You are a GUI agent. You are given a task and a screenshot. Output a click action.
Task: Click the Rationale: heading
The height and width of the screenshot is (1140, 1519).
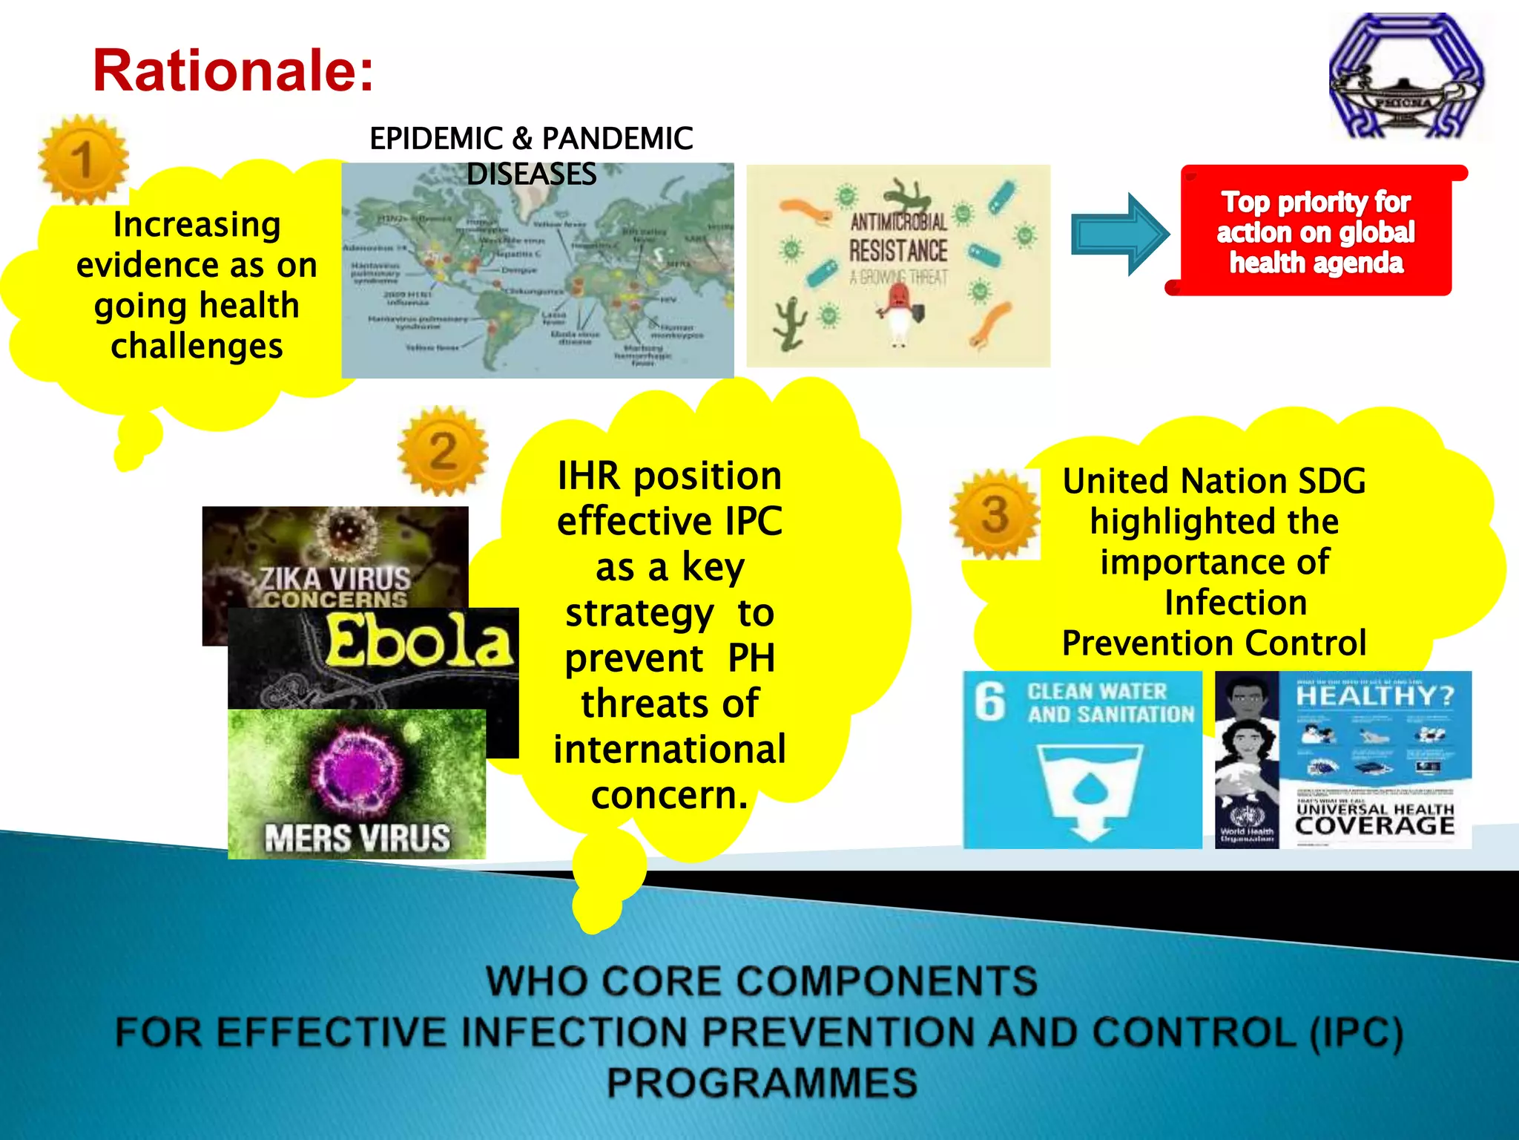click(x=233, y=71)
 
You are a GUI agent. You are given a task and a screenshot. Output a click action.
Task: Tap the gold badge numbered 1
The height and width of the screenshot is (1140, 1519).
click(x=83, y=160)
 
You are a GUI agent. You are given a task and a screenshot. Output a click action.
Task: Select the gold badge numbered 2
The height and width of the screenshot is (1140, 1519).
click(x=443, y=451)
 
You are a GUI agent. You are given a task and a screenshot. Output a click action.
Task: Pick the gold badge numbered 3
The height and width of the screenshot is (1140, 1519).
click(x=995, y=514)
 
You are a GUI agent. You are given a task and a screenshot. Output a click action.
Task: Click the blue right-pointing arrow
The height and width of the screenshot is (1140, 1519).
click(x=1119, y=235)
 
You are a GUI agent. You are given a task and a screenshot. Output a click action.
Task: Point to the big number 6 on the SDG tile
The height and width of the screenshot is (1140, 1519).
click(x=990, y=701)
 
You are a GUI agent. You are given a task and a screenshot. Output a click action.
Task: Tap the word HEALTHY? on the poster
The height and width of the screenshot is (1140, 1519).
click(x=1374, y=695)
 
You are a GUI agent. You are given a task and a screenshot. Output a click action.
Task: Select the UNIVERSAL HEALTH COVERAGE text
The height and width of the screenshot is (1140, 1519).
click(x=1374, y=819)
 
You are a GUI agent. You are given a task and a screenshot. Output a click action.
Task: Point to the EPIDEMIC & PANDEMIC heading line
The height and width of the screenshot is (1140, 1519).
click(x=531, y=139)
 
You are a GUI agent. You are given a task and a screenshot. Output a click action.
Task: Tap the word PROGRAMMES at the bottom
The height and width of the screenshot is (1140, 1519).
click(x=762, y=1082)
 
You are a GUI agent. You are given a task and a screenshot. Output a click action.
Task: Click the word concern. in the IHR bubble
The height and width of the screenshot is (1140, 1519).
click(x=669, y=795)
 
